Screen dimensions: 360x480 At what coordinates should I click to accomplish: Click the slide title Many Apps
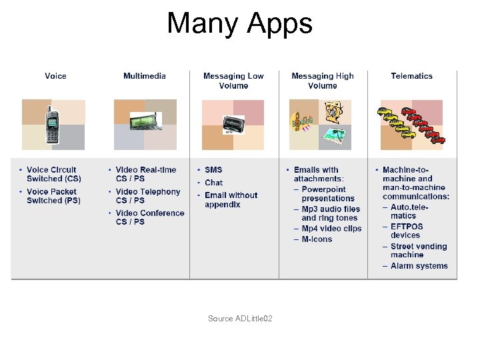click(x=239, y=24)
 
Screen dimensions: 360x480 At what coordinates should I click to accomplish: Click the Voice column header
click(x=55, y=76)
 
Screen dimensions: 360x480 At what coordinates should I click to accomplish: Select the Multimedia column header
click(x=145, y=76)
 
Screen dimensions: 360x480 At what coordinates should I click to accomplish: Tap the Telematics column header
click(x=411, y=76)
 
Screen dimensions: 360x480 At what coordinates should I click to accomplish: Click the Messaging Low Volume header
click(x=233, y=81)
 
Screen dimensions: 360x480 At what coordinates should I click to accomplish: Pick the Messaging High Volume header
click(x=323, y=81)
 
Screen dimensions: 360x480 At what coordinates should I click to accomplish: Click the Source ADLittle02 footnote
click(x=240, y=319)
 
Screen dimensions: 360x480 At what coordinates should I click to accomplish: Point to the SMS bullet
click(x=213, y=170)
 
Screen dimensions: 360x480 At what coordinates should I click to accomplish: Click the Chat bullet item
click(x=213, y=183)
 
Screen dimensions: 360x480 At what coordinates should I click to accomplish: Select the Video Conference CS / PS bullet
click(x=149, y=217)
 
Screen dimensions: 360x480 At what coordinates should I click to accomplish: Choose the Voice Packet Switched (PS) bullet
click(x=53, y=196)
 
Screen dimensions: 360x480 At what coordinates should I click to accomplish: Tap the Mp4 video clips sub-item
click(x=331, y=229)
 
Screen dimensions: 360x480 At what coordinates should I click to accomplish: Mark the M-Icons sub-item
click(x=317, y=239)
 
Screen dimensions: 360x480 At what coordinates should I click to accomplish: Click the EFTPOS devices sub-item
click(x=407, y=231)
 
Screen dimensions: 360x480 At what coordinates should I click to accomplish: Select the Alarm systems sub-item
click(x=419, y=266)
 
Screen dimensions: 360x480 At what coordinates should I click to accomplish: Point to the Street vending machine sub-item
click(x=419, y=251)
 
